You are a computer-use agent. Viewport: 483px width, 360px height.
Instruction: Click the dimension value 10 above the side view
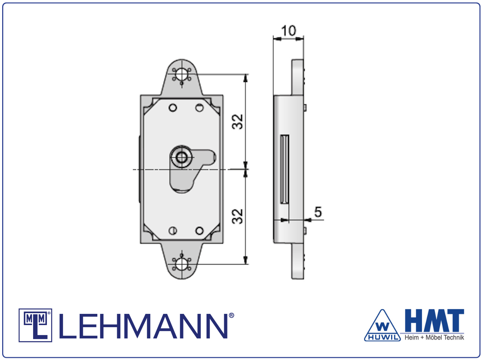288,31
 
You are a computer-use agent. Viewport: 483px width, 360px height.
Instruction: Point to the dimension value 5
318,212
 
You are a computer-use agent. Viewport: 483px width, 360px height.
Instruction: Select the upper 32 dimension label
238,122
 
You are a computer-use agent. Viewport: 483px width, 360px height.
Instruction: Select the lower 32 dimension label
238,216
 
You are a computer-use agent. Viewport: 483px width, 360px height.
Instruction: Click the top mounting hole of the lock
182,74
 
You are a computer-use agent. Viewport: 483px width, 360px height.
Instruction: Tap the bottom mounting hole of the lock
182,264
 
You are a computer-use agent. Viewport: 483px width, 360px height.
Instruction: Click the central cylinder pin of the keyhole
182,157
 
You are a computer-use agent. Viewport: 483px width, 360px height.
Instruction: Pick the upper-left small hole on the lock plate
173,108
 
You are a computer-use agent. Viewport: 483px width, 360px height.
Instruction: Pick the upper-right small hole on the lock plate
200,108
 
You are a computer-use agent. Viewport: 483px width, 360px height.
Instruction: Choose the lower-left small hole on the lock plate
173,231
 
